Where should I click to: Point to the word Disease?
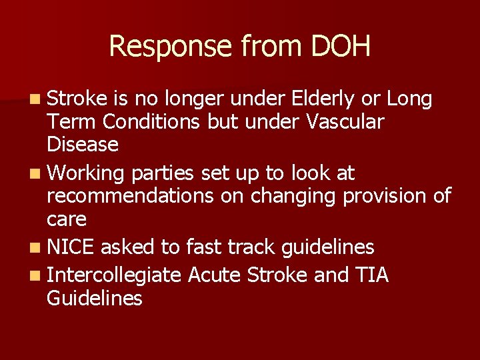point(82,144)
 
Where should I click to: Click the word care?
point(67,219)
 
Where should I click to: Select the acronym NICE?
point(72,247)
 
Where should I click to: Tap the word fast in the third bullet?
point(205,247)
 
